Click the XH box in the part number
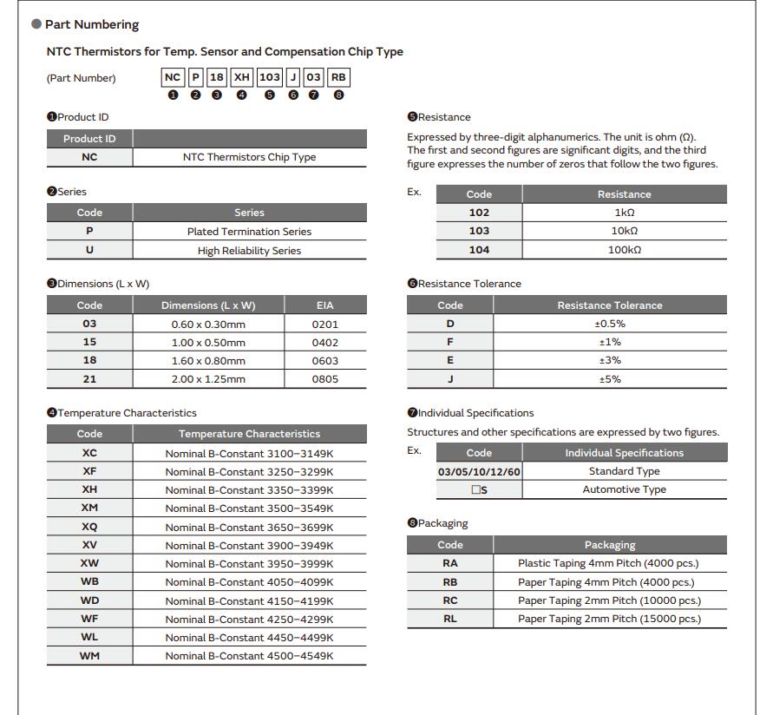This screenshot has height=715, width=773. point(241,77)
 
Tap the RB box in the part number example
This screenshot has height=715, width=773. point(338,77)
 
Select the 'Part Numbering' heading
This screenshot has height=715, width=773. point(91,24)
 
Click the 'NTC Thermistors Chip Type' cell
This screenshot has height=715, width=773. point(249,157)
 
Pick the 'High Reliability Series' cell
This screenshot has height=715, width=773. point(249,251)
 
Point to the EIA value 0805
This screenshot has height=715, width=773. point(325,379)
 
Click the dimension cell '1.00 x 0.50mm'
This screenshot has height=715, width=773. point(208,343)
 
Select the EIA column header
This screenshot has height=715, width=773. point(325,305)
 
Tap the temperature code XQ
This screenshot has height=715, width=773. point(89,527)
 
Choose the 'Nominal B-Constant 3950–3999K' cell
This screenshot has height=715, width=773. point(249,564)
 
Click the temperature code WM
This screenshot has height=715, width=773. point(89,656)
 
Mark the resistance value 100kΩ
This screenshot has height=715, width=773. point(624,250)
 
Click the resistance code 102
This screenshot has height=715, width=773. point(479,213)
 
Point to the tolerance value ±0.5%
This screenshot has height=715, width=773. point(610,324)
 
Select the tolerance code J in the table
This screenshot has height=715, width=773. point(450,379)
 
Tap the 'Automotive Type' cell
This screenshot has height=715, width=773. point(624,489)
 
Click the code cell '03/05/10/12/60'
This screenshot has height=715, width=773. point(479,471)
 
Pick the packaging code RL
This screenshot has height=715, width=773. point(450,620)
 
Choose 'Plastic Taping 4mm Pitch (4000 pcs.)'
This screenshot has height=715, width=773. point(609,563)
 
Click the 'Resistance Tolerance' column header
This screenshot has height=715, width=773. point(610,305)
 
